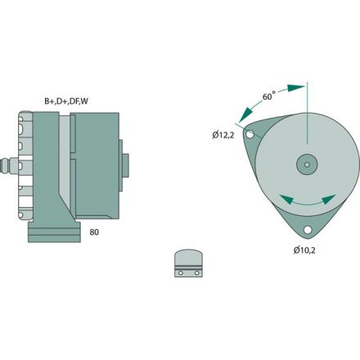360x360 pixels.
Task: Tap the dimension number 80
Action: pyautogui.click(x=94, y=232)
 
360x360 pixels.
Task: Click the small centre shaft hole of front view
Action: pyautogui.click(x=306, y=164)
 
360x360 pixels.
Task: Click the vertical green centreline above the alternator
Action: pyautogui.click(x=306, y=115)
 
